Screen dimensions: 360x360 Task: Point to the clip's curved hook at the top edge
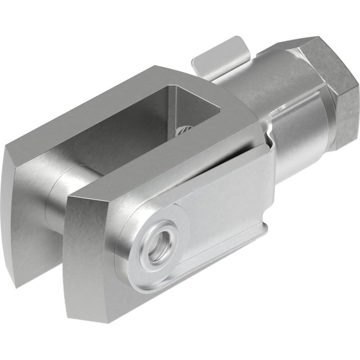pyautogui.click(x=265, y=139)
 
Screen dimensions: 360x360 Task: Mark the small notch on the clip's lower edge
pyautogui.click(x=265, y=226)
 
